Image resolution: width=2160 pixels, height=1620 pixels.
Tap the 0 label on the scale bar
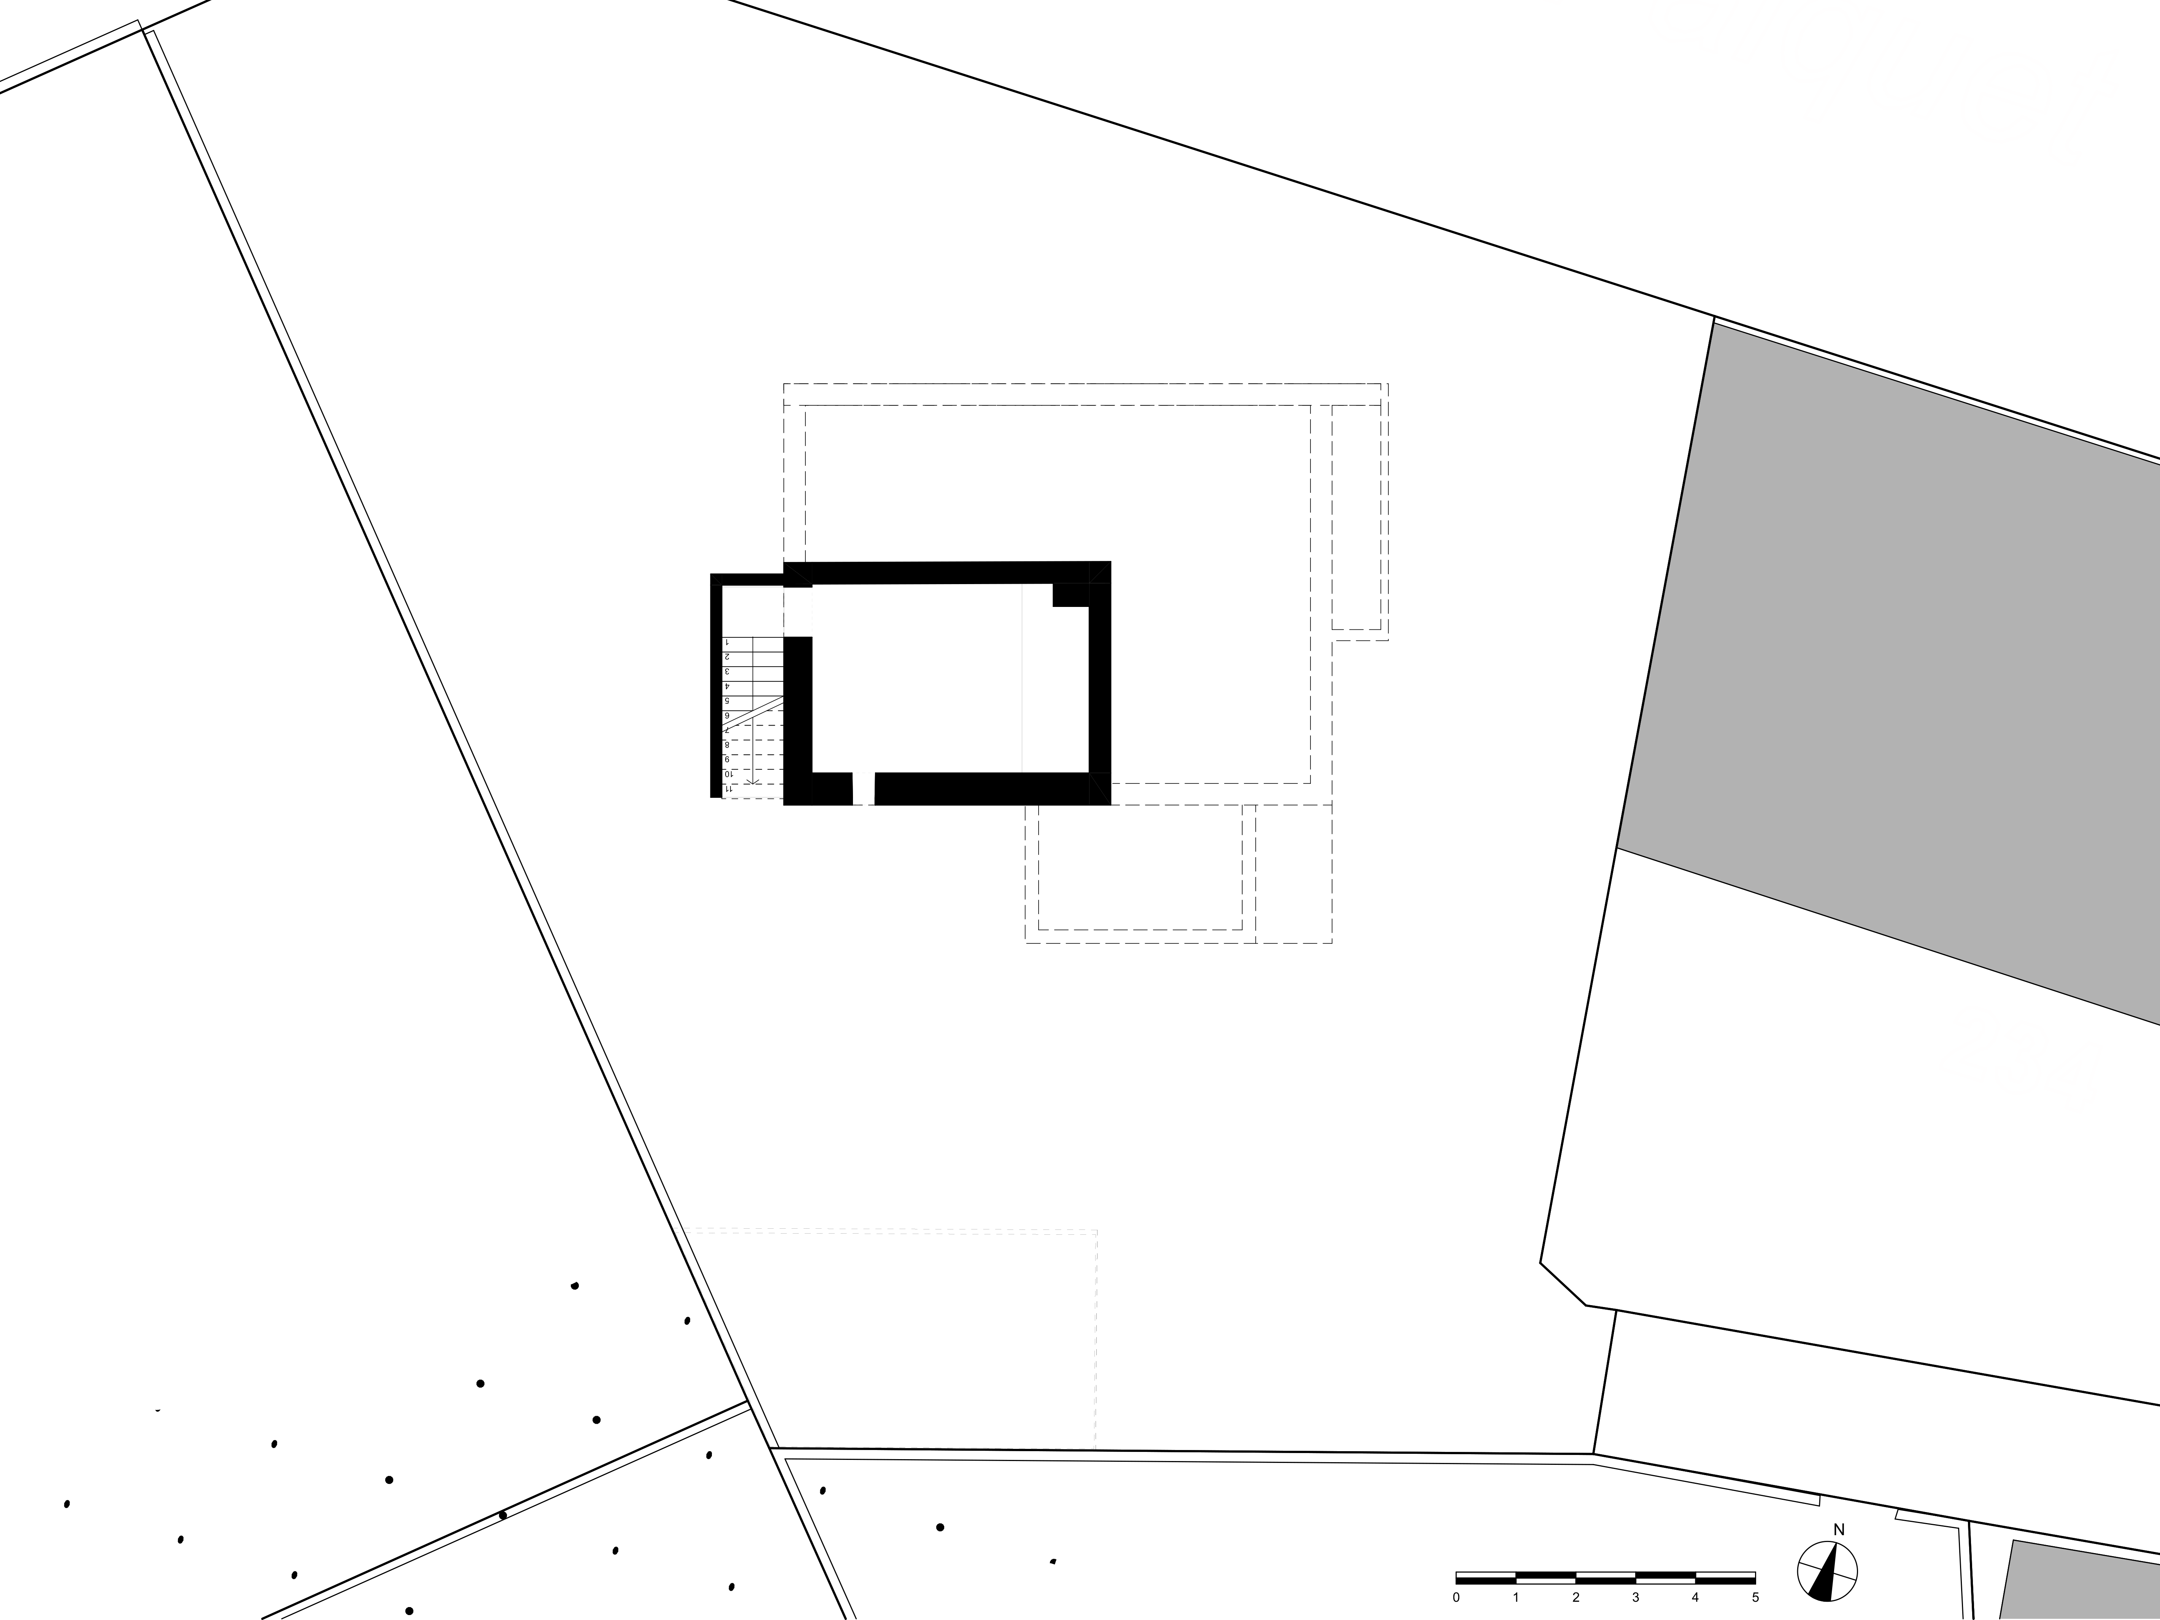point(1456,1598)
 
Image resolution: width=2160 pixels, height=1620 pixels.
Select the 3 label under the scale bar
point(1636,1598)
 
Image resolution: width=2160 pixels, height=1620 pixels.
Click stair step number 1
point(727,643)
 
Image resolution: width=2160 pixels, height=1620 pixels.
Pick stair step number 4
point(727,686)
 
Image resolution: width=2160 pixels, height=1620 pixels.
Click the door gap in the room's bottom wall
point(863,789)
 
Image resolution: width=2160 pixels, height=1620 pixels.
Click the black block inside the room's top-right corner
point(1070,595)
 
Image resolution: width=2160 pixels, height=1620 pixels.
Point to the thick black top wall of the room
point(947,572)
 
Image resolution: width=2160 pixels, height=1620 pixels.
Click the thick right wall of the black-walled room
point(1101,683)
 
